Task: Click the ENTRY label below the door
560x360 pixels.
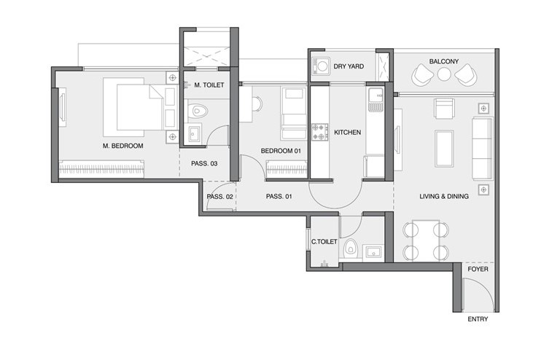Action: [x=478, y=319]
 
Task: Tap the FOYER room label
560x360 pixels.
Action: [x=478, y=269]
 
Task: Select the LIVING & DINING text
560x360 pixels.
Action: [x=444, y=196]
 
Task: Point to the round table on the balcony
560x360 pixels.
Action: [x=444, y=74]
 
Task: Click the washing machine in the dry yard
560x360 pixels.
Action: [x=319, y=66]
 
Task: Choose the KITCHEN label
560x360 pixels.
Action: [x=348, y=133]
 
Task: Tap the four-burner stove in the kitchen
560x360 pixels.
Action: [x=319, y=132]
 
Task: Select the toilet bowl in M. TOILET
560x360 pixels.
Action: [x=197, y=111]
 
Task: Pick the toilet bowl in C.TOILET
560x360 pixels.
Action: [x=351, y=247]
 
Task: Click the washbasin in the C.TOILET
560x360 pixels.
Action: [x=373, y=252]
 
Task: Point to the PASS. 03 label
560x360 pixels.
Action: [x=204, y=164]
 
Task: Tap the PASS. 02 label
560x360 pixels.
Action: [x=219, y=197]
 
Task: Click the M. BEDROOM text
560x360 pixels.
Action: [x=122, y=146]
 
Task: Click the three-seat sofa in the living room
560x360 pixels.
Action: [x=483, y=149]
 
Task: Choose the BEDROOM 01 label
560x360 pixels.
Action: [x=281, y=151]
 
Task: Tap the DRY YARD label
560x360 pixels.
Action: [x=349, y=66]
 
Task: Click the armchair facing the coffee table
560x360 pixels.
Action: [x=444, y=108]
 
